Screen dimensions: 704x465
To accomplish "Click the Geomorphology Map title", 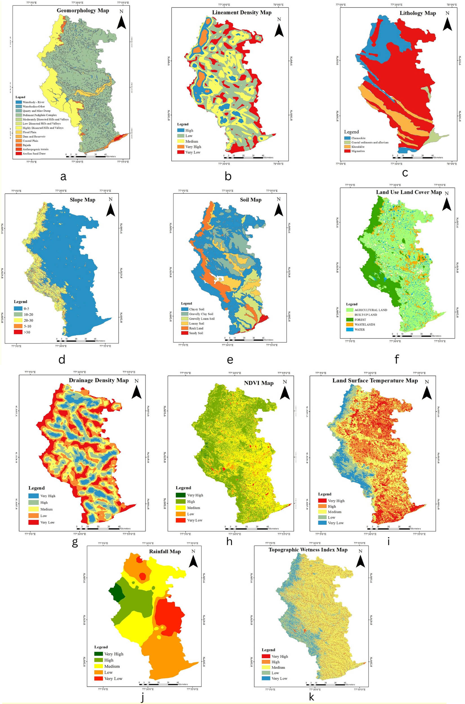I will coord(83,11).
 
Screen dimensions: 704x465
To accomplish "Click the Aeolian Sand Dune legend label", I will coord(34,153).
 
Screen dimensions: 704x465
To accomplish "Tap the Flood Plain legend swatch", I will coord(19,132).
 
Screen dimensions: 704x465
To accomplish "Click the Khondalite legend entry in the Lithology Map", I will coord(358,147).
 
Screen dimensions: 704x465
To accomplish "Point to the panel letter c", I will coord(405,173).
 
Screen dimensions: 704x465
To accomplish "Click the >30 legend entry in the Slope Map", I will coord(27,332).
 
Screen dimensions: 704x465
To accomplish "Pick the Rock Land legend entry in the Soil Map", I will coord(196,328).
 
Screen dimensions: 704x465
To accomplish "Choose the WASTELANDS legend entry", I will coord(364,325).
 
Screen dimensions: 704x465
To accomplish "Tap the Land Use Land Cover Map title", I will coord(409,192).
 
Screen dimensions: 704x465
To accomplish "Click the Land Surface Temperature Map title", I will coord(375,381).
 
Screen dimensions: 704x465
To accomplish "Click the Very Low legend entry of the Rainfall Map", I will coord(113,678).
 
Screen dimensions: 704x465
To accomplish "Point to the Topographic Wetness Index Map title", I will coord(308,550).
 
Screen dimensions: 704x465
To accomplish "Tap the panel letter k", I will coord(312,697).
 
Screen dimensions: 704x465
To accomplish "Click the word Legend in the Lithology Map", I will coord(351,132).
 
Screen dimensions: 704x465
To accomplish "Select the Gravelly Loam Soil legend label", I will coord(202,319).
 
